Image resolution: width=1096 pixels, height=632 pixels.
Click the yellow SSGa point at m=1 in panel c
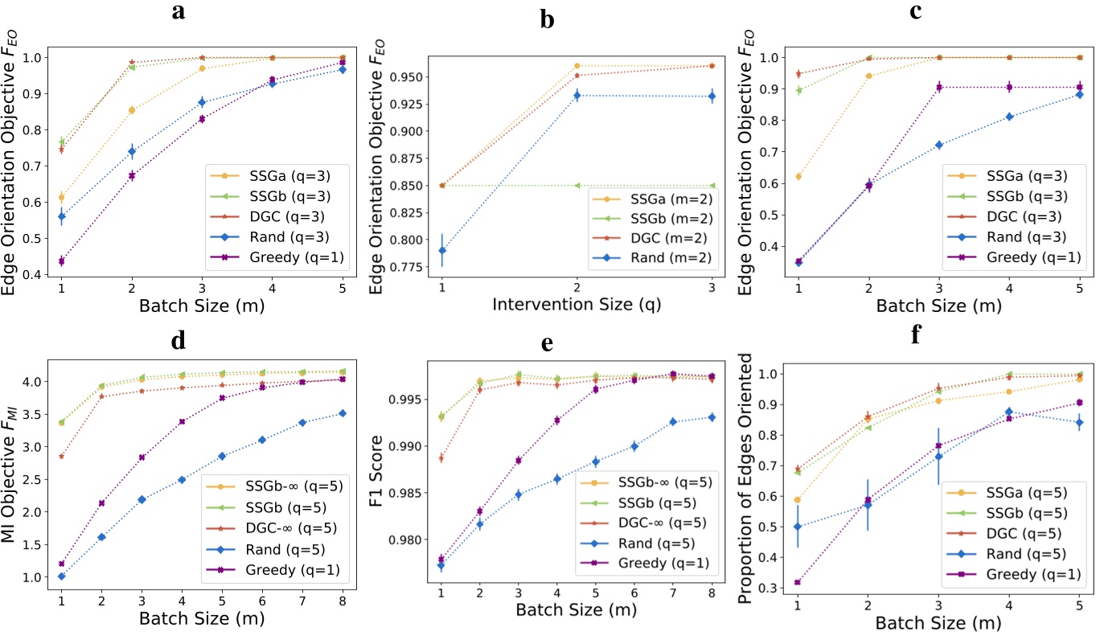[x=798, y=176]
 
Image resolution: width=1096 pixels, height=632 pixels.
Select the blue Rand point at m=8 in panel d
[x=343, y=413]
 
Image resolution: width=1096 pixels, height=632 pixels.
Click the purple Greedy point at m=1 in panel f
[x=798, y=582]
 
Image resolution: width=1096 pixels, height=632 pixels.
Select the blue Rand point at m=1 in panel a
[x=61, y=216]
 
